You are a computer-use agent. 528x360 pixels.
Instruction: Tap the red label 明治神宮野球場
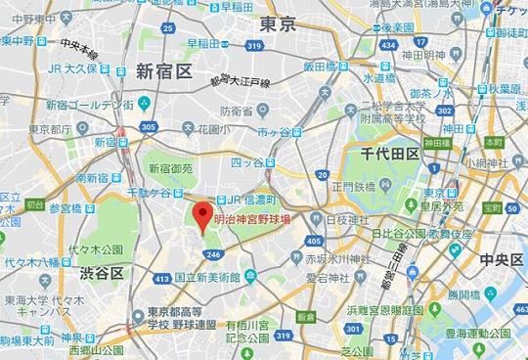[x=252, y=220]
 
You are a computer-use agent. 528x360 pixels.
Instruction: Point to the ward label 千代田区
[x=389, y=154]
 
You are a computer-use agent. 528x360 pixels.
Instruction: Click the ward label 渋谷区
[x=102, y=272]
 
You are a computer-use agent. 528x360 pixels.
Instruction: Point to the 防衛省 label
[x=236, y=111]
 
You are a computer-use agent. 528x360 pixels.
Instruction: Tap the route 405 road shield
[x=312, y=240]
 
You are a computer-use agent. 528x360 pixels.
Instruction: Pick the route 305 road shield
[x=148, y=126]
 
